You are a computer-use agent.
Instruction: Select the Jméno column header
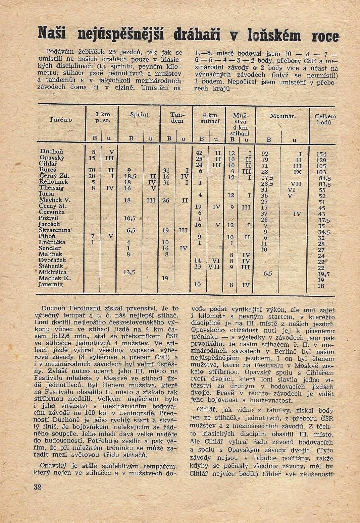click(61, 119)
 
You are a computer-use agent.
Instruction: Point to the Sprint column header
click(139, 115)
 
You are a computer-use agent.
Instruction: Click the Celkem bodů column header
click(325, 119)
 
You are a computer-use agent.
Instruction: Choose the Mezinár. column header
click(282, 116)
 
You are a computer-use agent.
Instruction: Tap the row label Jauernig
click(51, 284)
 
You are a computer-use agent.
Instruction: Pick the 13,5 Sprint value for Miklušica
click(129, 272)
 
